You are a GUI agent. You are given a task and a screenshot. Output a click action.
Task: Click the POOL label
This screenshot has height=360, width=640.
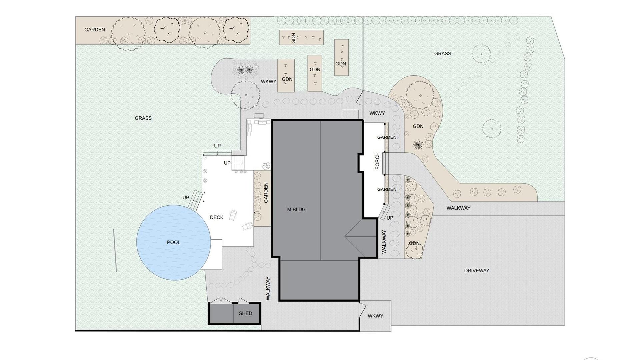(x=173, y=242)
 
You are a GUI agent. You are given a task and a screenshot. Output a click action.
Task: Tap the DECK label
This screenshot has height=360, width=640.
(x=217, y=217)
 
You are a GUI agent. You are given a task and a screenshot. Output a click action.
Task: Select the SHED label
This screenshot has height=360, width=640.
(x=245, y=313)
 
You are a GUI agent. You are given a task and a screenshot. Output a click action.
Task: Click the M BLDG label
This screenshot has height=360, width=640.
(x=296, y=209)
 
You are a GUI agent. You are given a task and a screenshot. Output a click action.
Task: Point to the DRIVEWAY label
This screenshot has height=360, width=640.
(x=477, y=271)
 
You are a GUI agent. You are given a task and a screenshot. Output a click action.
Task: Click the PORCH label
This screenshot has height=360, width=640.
(x=377, y=161)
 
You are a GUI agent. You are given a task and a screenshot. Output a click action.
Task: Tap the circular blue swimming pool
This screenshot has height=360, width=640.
(x=174, y=242)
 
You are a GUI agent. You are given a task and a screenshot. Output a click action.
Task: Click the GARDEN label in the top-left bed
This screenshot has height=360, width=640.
(x=95, y=30)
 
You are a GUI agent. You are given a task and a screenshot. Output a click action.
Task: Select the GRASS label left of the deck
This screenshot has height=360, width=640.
(x=143, y=118)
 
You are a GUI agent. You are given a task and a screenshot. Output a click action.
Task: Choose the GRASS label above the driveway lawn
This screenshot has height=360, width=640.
(x=443, y=53)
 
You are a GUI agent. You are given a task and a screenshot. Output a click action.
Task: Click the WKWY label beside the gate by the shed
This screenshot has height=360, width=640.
(x=375, y=316)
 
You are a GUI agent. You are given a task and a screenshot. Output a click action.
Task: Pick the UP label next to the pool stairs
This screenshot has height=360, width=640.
(x=186, y=198)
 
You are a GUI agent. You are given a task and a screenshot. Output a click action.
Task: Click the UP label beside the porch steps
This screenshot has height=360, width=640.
(x=390, y=218)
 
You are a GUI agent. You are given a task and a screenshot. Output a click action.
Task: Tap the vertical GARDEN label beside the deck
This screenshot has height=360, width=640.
(x=266, y=193)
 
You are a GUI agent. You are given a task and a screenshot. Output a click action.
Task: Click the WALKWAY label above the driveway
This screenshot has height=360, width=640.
(x=458, y=208)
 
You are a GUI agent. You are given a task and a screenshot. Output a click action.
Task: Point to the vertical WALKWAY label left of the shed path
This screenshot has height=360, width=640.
(x=268, y=288)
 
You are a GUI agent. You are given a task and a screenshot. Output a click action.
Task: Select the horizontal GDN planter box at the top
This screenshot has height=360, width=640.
(x=301, y=37)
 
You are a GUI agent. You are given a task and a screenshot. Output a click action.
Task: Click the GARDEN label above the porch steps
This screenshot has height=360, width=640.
(x=387, y=137)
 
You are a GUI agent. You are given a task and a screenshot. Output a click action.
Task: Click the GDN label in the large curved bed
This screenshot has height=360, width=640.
(x=418, y=126)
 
